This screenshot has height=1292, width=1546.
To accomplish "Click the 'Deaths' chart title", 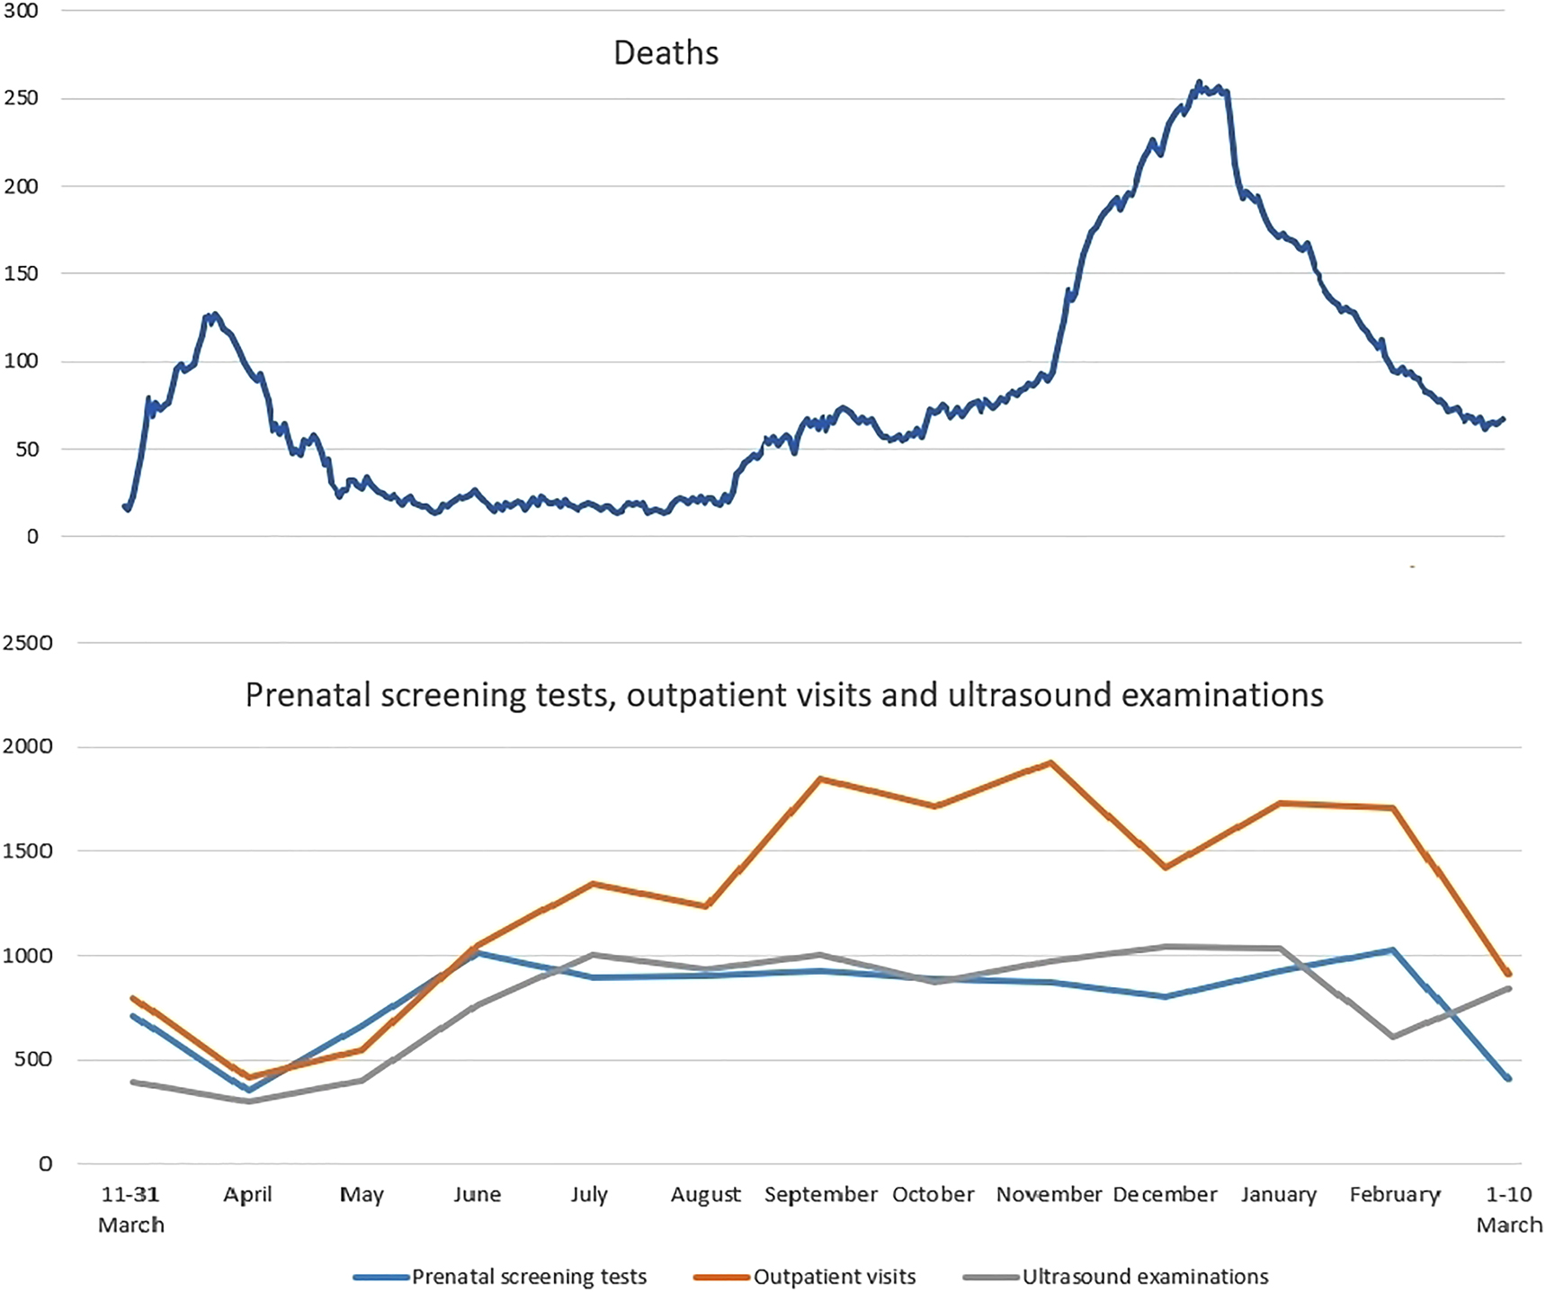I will tap(666, 53).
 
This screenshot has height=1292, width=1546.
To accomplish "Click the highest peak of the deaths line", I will tap(1199, 83).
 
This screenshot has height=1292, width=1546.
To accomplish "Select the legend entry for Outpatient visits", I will tap(834, 1277).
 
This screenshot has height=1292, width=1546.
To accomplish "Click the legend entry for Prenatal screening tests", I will tap(528, 1277).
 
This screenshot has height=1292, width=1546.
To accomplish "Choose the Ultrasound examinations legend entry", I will tap(1144, 1277).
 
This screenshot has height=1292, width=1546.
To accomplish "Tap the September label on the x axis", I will tap(820, 1194).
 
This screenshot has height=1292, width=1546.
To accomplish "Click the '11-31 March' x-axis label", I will tap(131, 1208).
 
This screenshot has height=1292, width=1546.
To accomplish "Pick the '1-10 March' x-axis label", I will tap(1508, 1208).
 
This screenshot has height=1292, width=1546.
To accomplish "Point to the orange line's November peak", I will tap(1050, 763).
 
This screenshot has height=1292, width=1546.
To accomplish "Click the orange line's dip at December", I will tap(1166, 868).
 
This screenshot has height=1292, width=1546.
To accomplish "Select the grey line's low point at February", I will tap(1393, 1037).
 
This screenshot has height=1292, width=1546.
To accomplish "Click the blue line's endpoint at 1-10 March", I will tap(1508, 1078).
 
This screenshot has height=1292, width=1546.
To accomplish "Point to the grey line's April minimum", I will tap(248, 1101).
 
